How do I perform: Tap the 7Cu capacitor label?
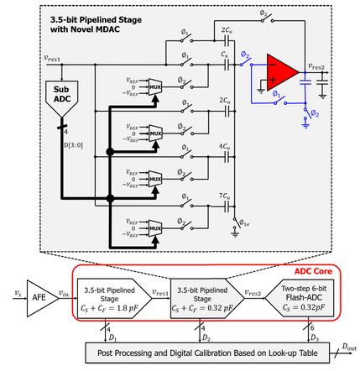(225, 195)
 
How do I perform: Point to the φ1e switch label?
(246, 223)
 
